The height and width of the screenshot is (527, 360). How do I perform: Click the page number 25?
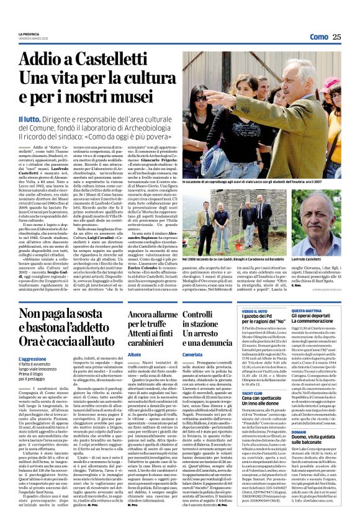pos(336,37)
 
